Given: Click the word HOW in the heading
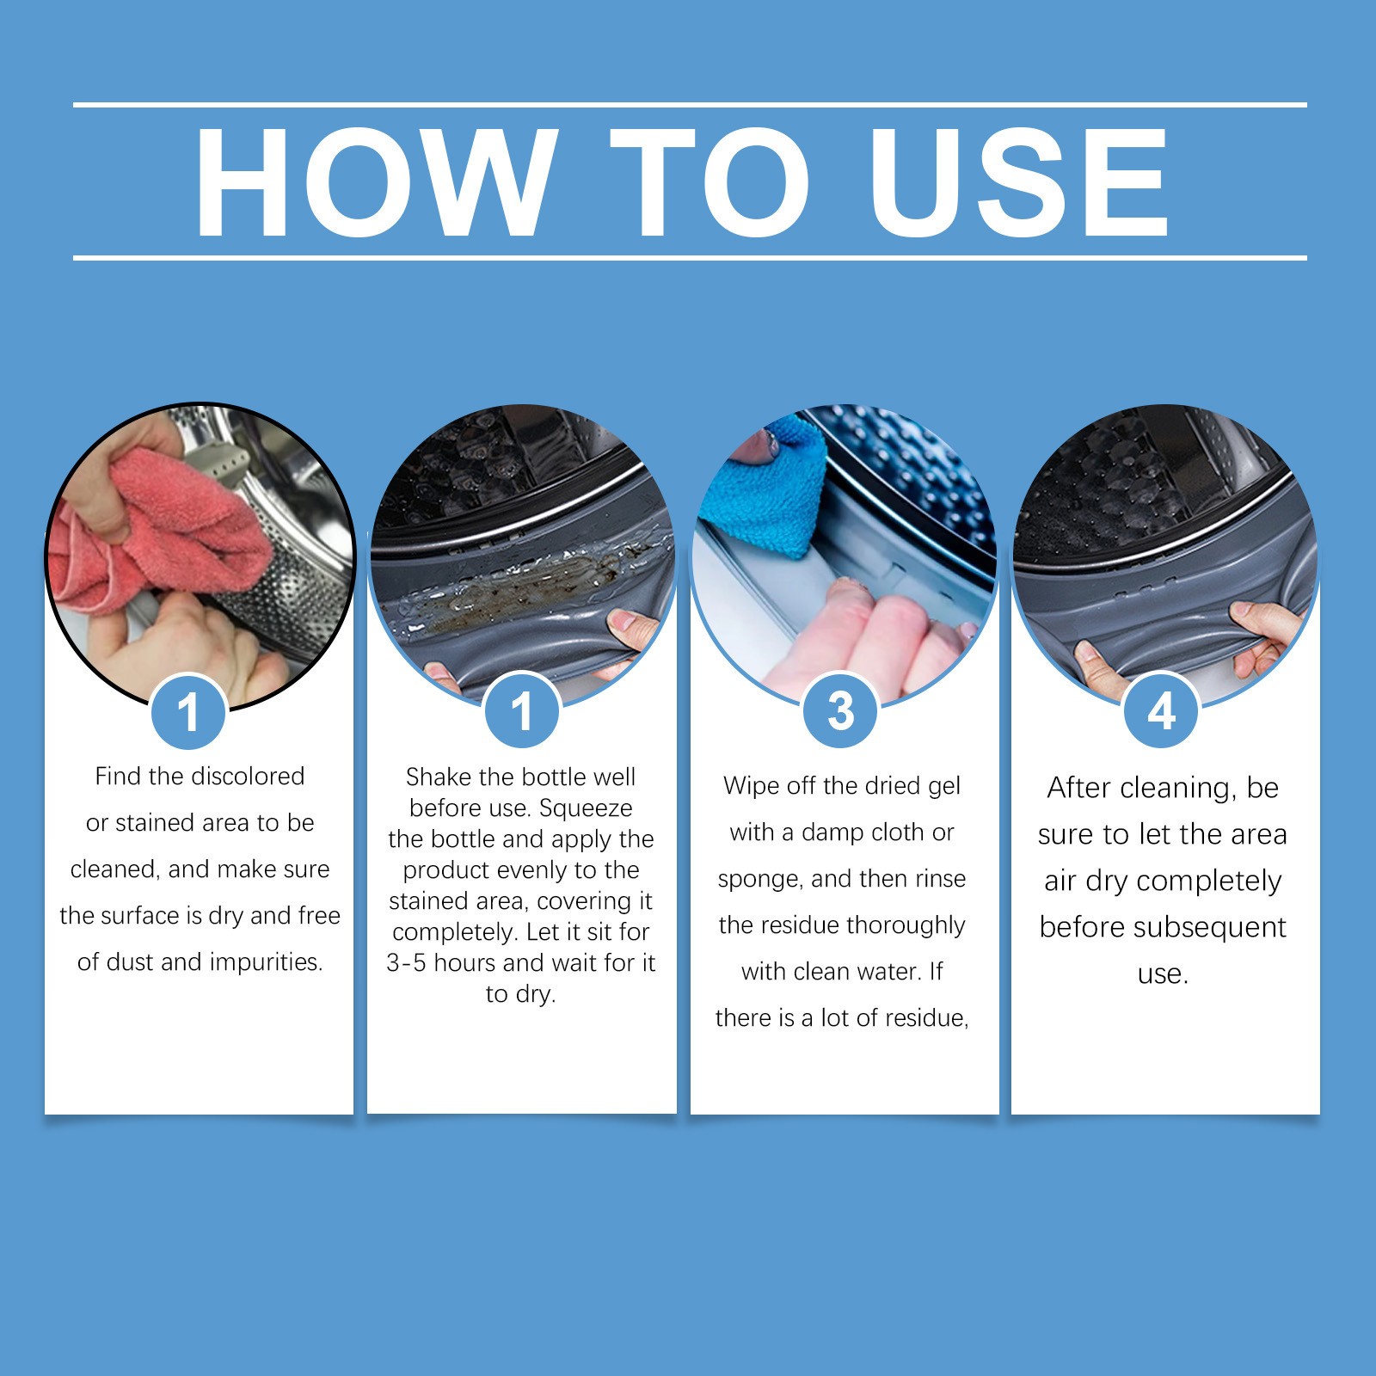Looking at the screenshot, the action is tap(377, 181).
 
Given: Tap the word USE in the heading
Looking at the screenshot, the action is tap(1019, 181).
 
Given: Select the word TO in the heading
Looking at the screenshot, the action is tap(709, 181).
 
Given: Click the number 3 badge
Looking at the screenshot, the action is tap(840, 710).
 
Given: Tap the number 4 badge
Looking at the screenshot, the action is tap(1161, 710).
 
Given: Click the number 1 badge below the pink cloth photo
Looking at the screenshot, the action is tap(188, 711).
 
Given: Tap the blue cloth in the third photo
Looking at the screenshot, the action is tap(764, 486).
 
